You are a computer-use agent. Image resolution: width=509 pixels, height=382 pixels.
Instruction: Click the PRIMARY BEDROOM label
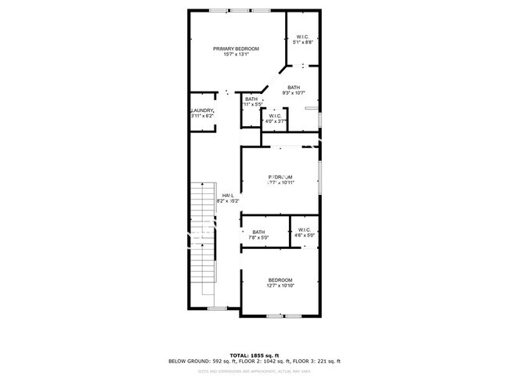coord(236,49)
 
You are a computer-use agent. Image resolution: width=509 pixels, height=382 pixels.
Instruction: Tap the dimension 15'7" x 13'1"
coord(236,55)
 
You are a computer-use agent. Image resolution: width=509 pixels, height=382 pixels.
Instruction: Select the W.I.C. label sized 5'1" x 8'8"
coord(302,37)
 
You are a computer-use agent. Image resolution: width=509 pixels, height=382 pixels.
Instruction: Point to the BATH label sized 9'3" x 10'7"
coord(294,88)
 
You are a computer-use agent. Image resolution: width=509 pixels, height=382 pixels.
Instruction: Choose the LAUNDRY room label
coord(202,111)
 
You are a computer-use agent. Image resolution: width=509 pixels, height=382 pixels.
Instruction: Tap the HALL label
coord(228,195)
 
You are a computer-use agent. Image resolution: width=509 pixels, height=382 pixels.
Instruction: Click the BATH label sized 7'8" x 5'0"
coord(258,232)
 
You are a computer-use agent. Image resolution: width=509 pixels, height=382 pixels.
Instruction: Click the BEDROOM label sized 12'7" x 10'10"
coord(280,280)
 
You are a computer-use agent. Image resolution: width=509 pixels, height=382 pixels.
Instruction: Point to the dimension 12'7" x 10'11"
coord(280,183)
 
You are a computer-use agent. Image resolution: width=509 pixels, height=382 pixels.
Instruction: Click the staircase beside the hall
coord(203,235)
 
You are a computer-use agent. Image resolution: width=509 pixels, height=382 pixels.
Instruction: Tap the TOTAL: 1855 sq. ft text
coord(254,355)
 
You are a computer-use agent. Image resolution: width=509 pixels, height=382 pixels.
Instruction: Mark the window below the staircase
coord(217,308)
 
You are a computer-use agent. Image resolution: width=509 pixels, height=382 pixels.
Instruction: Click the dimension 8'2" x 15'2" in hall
coord(228,201)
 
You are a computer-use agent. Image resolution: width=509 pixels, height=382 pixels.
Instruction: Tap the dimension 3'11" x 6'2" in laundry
coord(202,117)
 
